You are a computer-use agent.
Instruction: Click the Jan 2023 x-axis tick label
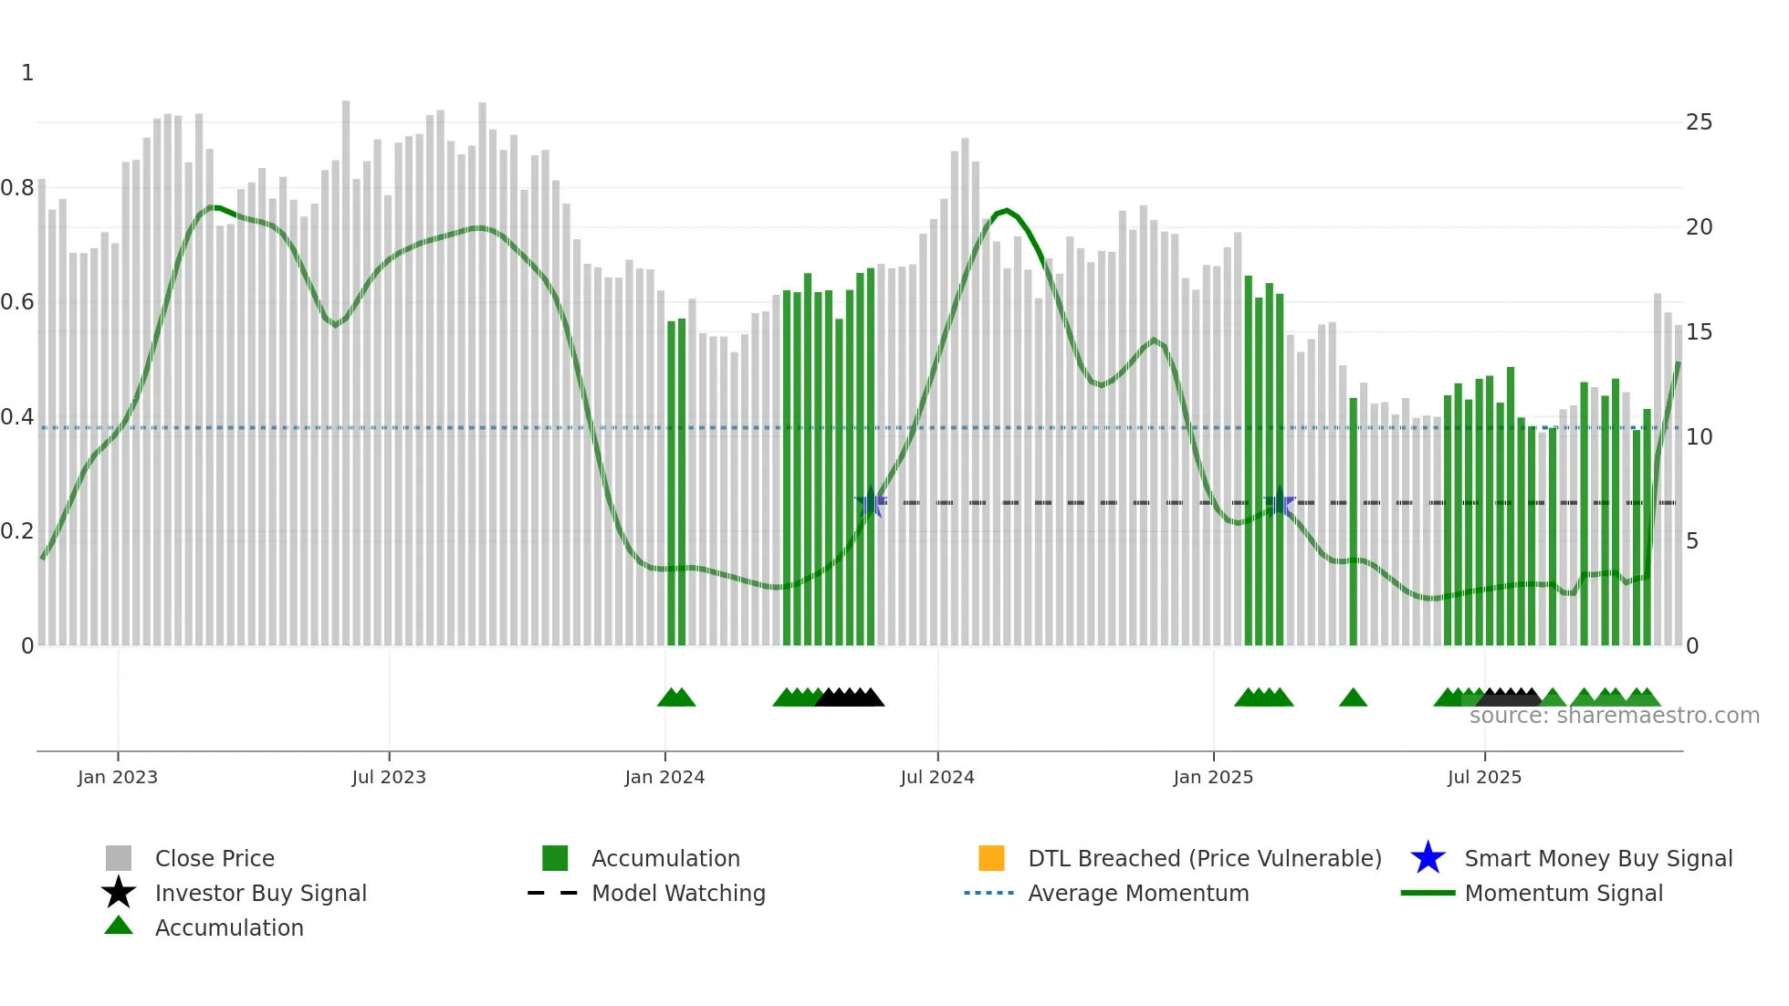(118, 777)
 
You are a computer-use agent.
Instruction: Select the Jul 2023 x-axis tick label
(389, 777)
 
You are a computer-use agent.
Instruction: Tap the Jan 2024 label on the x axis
(664, 777)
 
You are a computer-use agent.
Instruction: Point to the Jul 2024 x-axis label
(937, 777)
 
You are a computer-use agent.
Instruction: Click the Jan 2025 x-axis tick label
(1213, 777)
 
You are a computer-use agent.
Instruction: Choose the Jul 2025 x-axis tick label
(1484, 777)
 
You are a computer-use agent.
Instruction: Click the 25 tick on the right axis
(1699, 122)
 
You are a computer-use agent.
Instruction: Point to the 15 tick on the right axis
(1699, 332)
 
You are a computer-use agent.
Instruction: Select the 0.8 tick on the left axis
(16, 188)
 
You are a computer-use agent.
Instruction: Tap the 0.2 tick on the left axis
(16, 531)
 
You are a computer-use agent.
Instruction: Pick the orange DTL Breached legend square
(991, 858)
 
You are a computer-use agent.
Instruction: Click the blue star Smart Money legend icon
(1428, 858)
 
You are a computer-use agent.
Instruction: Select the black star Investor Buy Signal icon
(119, 893)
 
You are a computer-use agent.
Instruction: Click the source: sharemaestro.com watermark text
(1614, 716)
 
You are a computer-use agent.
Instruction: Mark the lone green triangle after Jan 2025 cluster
(1353, 698)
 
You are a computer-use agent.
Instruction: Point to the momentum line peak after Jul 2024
(1006, 211)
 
